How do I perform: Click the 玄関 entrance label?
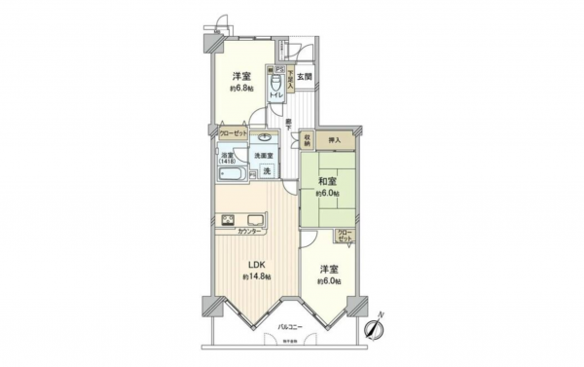(305, 77)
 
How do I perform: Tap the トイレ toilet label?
(276, 93)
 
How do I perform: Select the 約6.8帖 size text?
(240, 87)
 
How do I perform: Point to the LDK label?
(255, 264)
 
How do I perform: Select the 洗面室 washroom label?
(264, 156)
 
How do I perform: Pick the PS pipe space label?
(278, 70)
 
